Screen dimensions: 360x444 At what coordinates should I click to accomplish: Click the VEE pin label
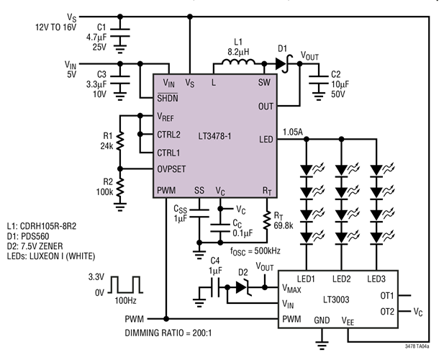pos(348,322)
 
